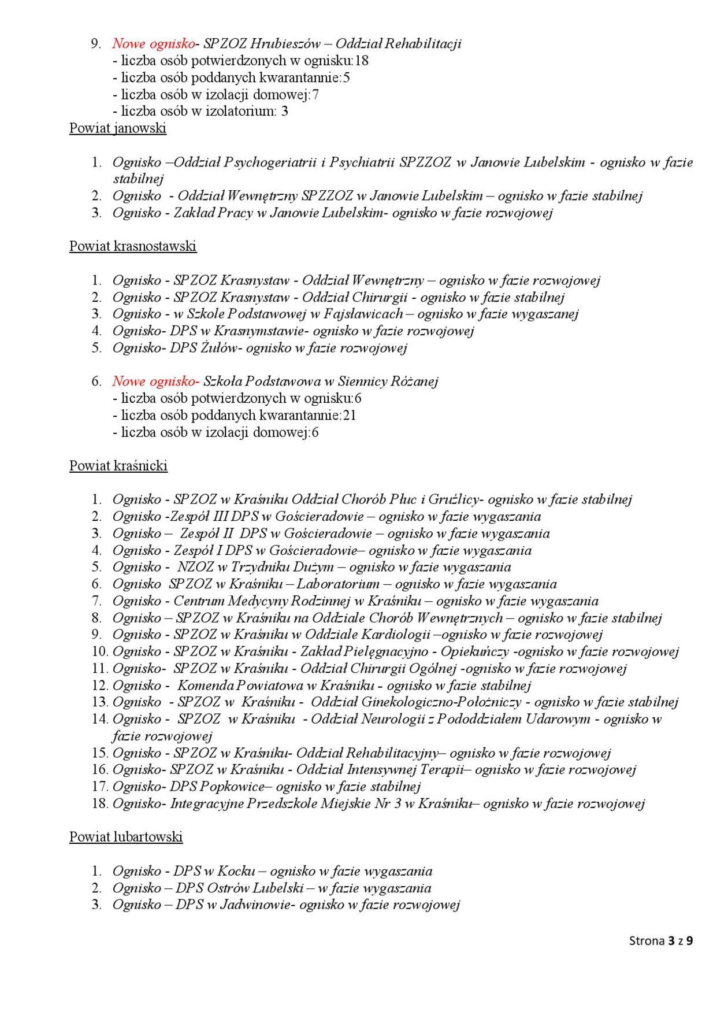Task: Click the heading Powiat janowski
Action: point(118,128)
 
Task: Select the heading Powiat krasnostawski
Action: point(133,246)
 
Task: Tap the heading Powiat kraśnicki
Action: point(118,466)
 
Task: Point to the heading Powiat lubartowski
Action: point(126,837)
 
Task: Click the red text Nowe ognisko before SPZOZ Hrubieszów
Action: point(154,44)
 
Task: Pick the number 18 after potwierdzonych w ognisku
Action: point(362,61)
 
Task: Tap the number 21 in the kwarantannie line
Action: point(350,415)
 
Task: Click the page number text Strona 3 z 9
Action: point(661,941)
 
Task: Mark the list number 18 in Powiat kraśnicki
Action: point(99,803)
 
